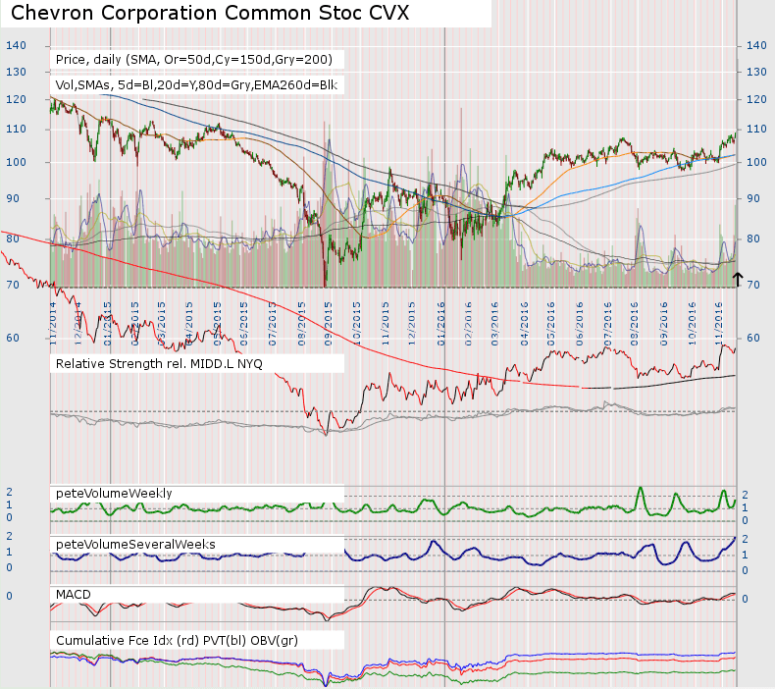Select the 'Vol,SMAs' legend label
click(196, 85)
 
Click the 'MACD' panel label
click(74, 594)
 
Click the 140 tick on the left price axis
click(14, 45)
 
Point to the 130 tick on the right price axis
click(756, 72)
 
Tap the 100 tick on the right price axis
click(756, 162)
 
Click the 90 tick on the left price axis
click(12, 198)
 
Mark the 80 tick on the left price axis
click(12, 238)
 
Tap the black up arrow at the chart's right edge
click(738, 279)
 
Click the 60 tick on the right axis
click(753, 337)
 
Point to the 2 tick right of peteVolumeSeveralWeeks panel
click(745, 540)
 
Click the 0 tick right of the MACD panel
click(745, 598)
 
